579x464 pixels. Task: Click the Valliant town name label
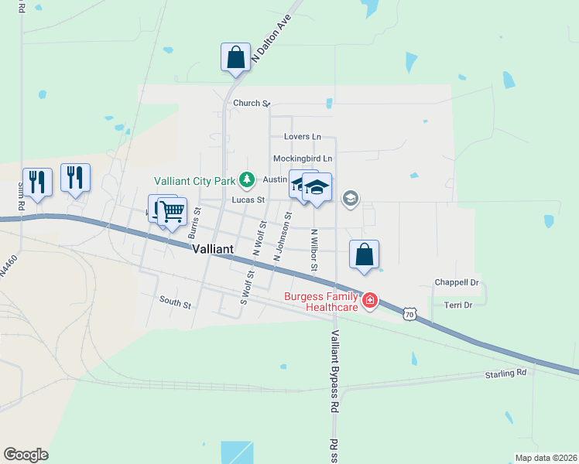[213, 250]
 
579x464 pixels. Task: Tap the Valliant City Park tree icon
[247, 180]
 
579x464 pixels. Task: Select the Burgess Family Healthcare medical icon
[370, 300]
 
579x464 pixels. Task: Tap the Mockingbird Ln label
[302, 159]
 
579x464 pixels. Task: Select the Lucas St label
[248, 200]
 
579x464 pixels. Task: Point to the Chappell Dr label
[457, 283]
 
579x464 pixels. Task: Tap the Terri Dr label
[458, 305]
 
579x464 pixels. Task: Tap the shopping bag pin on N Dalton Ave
[235, 57]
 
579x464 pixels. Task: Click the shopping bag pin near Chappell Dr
[364, 254]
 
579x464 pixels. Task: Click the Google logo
[26, 455]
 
